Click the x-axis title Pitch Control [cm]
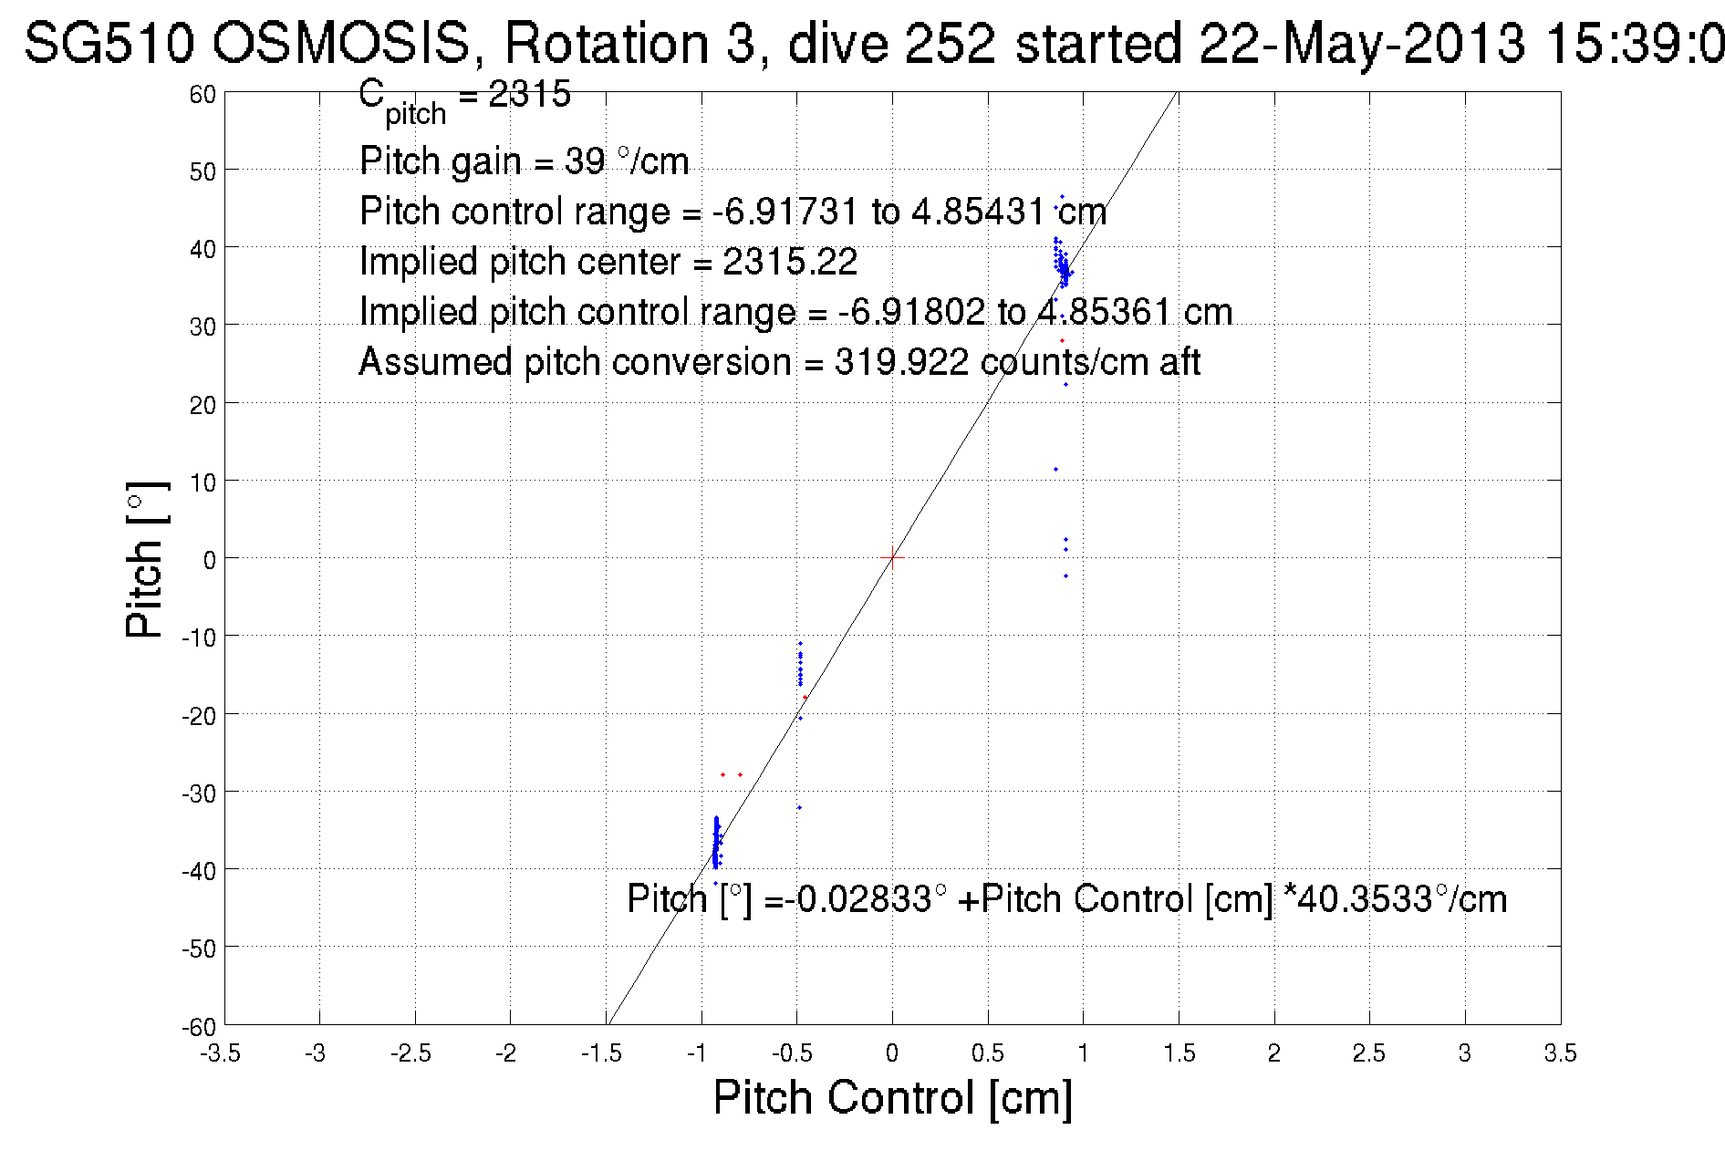(x=892, y=1096)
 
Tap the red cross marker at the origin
(x=892, y=557)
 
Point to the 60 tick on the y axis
(x=203, y=94)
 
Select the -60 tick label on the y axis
(x=199, y=1028)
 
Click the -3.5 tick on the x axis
(x=221, y=1053)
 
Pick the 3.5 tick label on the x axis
(x=1560, y=1053)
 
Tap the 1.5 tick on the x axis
(x=1179, y=1053)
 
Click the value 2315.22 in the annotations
(x=790, y=262)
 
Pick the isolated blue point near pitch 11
(x=1055, y=470)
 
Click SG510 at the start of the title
(x=109, y=43)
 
